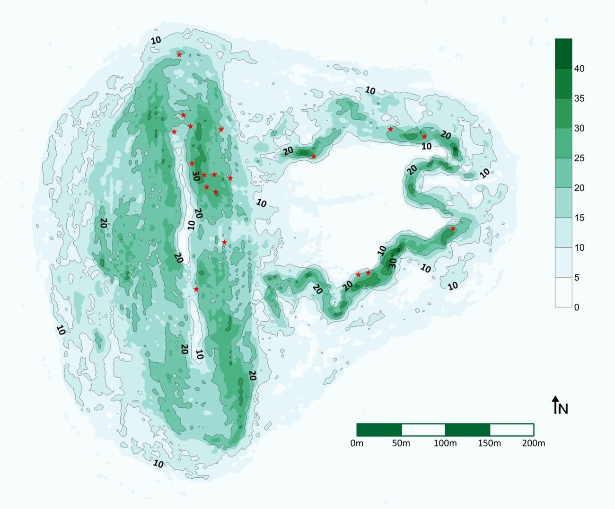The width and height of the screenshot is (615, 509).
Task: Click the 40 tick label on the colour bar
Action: point(579,69)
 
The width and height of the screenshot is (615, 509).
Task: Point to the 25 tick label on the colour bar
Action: point(579,158)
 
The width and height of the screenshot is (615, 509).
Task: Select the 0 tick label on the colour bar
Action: point(577,307)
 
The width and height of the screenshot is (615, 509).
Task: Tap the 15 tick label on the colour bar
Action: point(579,218)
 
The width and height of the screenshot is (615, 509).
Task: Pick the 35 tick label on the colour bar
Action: point(579,98)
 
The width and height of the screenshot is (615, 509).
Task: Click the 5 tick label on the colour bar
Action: point(577,277)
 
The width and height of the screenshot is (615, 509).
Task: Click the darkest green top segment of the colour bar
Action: point(563,54)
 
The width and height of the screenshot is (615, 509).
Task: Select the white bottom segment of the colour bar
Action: point(563,292)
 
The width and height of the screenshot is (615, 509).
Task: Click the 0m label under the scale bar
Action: point(357,443)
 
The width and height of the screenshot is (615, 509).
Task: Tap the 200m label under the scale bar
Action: point(534,443)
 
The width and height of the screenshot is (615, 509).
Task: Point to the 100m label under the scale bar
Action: point(445,443)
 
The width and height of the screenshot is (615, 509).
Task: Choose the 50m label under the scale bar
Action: point(401,443)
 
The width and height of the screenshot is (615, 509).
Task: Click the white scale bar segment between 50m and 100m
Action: point(423,430)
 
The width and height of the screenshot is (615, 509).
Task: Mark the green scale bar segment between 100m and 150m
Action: point(467,430)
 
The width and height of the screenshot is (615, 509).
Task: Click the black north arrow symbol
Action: point(555,405)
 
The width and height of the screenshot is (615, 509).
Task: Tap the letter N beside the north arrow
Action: point(563,408)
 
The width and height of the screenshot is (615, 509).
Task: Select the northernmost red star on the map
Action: point(179,55)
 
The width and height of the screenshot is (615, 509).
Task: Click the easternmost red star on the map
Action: point(453,229)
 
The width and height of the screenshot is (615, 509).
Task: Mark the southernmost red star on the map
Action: point(196,290)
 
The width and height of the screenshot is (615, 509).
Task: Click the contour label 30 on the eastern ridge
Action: point(393,263)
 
